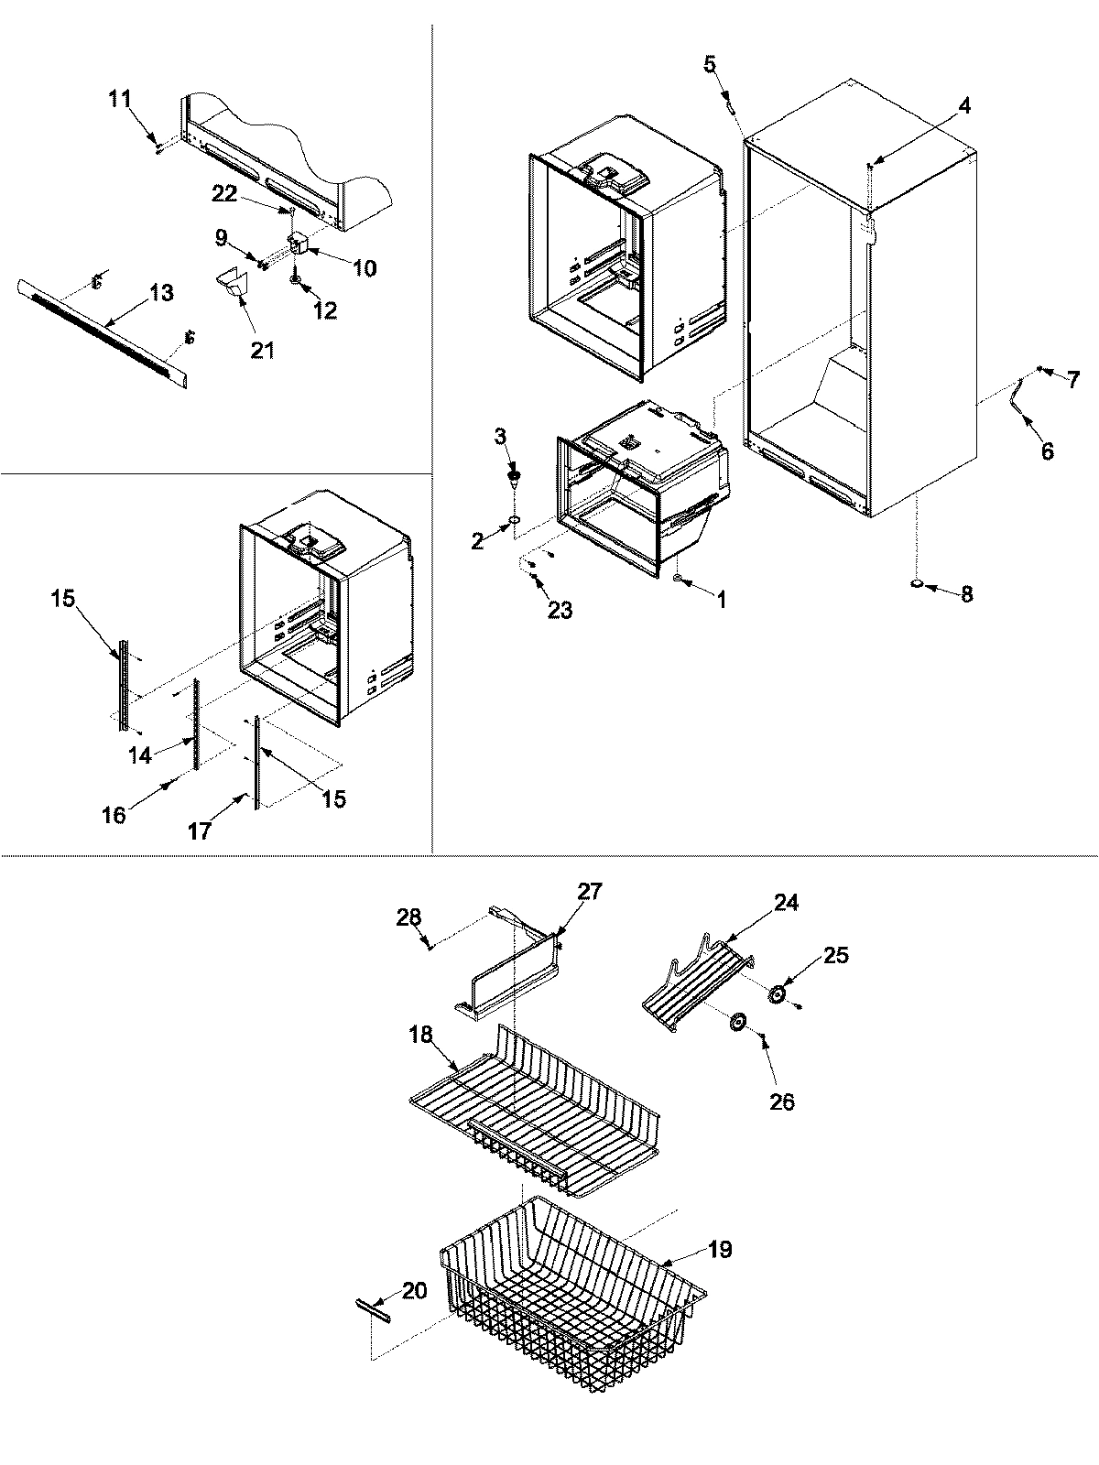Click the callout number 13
point(160,293)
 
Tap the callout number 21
point(263,350)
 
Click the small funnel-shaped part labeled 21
point(234,285)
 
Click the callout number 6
point(1047,450)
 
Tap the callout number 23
point(560,610)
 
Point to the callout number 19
point(720,1250)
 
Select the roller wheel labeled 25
point(778,995)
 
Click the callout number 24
point(785,902)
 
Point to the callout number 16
point(114,815)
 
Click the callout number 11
point(120,99)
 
